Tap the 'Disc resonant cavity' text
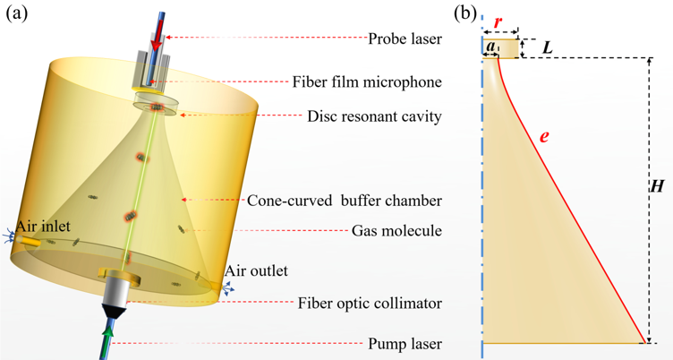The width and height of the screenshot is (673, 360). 374,116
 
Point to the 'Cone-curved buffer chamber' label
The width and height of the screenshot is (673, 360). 345,200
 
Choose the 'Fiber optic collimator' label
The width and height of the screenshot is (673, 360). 369,303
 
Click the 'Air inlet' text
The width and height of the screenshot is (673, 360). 40,227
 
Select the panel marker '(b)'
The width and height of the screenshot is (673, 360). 466,13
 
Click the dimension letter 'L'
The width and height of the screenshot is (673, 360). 549,47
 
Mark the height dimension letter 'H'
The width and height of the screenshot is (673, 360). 657,187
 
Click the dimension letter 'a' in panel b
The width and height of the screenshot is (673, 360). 490,45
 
